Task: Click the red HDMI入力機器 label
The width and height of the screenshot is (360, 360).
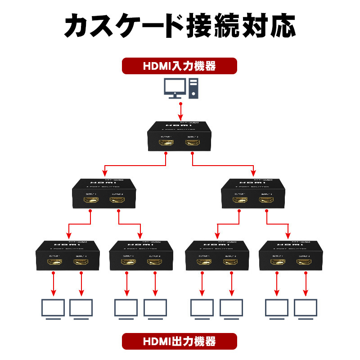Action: tap(180, 66)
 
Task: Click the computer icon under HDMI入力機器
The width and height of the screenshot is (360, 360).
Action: tap(180, 88)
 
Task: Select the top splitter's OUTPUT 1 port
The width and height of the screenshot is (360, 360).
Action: tap(166, 144)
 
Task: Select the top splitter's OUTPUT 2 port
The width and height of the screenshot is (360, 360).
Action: tap(193, 144)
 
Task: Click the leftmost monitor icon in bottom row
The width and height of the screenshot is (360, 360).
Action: tap(53, 309)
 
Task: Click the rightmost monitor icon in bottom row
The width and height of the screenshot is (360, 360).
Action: tap(306, 309)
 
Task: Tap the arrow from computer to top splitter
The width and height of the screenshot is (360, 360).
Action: tap(180, 111)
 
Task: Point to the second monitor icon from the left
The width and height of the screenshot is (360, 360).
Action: tap(81, 309)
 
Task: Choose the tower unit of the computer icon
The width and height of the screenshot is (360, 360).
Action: tap(193, 88)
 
